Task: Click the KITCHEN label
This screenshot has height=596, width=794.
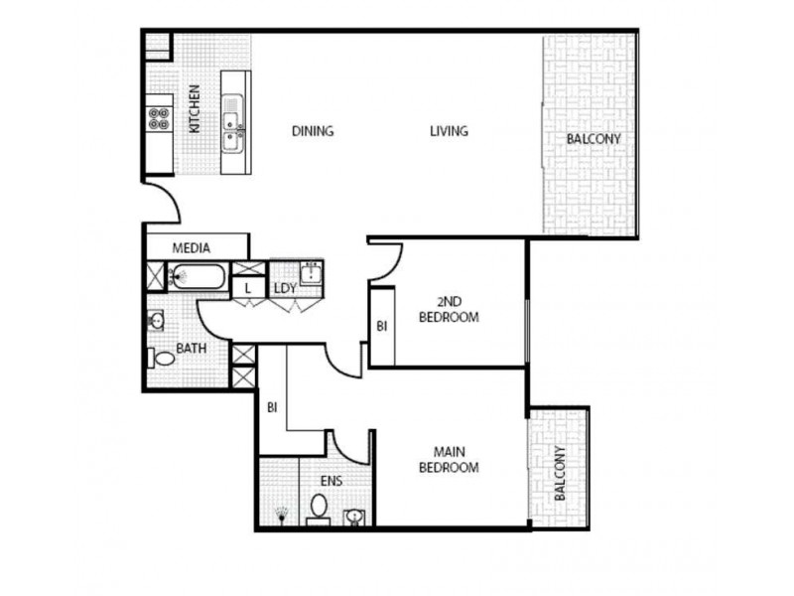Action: click(195, 109)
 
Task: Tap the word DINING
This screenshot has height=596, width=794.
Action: click(312, 131)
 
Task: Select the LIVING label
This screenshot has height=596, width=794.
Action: click(449, 131)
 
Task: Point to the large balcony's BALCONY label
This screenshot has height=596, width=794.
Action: click(594, 139)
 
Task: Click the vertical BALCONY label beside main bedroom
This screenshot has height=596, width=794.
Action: click(559, 474)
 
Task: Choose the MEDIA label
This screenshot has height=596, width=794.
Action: click(191, 247)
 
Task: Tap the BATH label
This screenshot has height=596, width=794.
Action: click(191, 349)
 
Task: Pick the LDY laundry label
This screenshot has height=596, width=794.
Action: click(286, 288)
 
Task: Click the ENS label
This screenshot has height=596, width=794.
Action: click(331, 482)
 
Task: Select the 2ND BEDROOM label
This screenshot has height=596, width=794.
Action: click(458, 310)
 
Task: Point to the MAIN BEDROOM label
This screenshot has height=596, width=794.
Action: click(449, 459)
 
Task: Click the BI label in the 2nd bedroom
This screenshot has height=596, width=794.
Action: click(381, 325)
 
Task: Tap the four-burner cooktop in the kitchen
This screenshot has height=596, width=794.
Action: click(158, 119)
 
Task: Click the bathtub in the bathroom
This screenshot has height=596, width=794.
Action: click(198, 276)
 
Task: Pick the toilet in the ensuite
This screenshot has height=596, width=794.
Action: click(319, 509)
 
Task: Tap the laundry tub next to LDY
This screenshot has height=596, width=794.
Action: click(311, 272)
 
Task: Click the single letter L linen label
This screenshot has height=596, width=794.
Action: click(246, 288)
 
